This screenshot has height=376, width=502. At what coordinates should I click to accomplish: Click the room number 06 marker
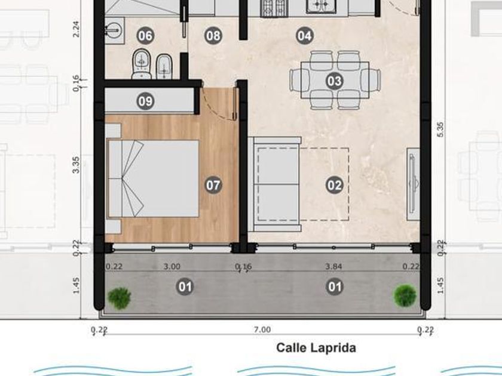(145, 35)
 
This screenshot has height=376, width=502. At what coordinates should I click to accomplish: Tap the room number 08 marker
(213, 35)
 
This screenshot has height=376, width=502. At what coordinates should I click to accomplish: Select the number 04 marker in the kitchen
(304, 35)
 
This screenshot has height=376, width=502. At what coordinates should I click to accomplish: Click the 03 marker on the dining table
(335, 81)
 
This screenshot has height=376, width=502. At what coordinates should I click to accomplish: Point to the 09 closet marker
(145, 101)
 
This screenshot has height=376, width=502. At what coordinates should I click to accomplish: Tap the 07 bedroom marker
(213, 185)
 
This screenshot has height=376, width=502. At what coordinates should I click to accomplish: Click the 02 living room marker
(335, 185)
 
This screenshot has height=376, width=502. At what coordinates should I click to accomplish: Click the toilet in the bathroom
(141, 64)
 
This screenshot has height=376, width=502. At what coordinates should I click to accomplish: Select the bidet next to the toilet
(164, 66)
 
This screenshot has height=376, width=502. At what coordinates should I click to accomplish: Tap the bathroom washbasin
(114, 30)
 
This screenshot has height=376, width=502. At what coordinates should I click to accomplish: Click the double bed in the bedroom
(153, 178)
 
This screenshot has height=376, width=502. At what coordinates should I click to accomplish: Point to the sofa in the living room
(275, 184)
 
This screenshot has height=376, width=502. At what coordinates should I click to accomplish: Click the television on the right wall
(414, 184)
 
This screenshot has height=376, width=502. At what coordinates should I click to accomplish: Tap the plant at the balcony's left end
(119, 298)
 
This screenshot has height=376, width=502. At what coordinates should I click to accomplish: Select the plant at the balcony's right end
(405, 296)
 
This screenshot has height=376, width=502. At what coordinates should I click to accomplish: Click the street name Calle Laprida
(316, 348)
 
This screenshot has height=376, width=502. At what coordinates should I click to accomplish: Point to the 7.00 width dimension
(262, 329)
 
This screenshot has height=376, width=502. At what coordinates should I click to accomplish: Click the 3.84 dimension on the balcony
(333, 266)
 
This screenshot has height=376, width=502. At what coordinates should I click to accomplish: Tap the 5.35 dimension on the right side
(440, 130)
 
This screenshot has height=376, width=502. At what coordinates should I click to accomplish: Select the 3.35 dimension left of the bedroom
(76, 165)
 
